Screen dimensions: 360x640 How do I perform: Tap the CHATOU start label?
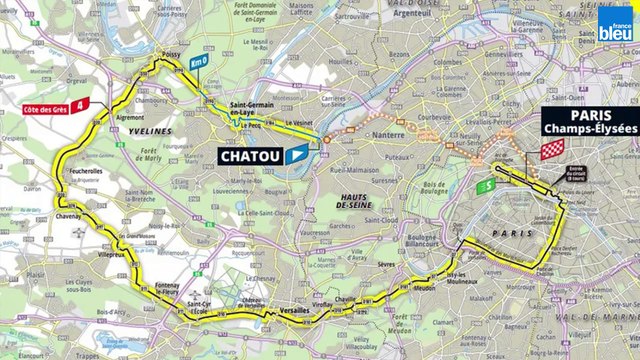pyautogui.click(x=249, y=156)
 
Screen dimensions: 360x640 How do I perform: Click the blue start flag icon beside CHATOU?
pyautogui.click(x=297, y=156)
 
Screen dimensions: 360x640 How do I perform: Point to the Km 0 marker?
pyautogui.click(x=199, y=62)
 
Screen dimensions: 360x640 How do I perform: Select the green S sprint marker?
pyautogui.click(x=484, y=185)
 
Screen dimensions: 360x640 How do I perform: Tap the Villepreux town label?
pyautogui.click(x=113, y=255)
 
